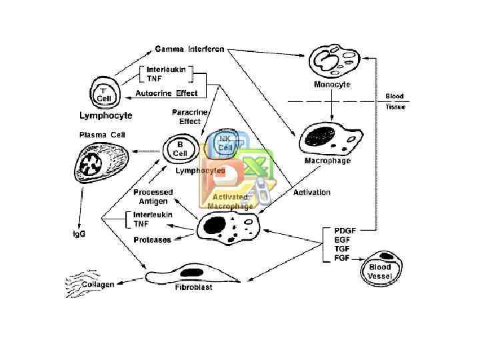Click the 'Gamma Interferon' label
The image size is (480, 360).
190,49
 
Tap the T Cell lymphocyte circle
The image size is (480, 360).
103,93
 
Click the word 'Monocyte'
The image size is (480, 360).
332,85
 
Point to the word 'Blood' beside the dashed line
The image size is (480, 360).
395,96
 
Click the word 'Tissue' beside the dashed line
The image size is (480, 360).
395,106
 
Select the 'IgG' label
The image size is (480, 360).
79,234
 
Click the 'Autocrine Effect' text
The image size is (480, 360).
167,93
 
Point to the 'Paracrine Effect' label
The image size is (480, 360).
185,117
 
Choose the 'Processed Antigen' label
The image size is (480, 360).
153,197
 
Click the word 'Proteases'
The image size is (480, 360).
152,240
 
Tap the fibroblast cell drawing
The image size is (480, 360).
189,274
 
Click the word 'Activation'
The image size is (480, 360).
311,193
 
